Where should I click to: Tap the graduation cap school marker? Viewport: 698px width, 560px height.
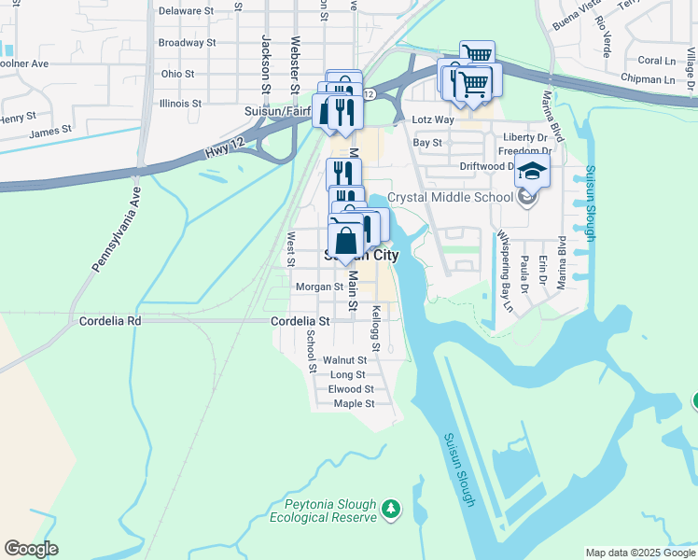click(x=532, y=172)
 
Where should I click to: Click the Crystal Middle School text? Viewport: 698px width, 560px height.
click(x=450, y=197)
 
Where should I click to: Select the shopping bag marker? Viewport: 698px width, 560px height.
click(x=345, y=241)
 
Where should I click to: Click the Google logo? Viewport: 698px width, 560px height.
click(x=31, y=549)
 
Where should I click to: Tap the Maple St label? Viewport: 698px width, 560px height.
click(x=354, y=404)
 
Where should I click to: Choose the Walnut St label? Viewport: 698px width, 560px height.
click(x=344, y=359)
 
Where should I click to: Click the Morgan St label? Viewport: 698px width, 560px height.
click(x=319, y=287)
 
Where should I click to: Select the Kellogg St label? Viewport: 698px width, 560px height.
click(x=376, y=329)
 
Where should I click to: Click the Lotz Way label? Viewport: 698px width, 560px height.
click(x=433, y=120)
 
